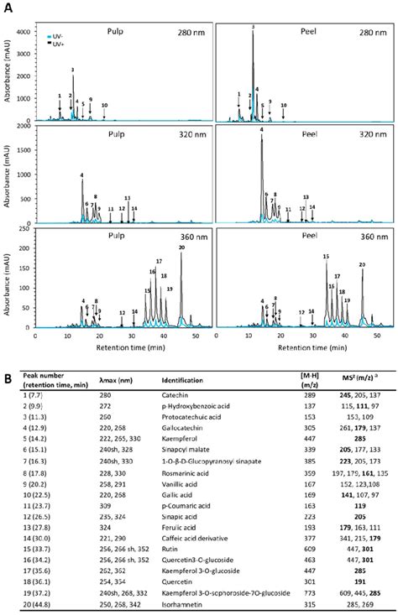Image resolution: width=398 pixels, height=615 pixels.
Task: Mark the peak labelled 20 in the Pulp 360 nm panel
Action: pos(181,248)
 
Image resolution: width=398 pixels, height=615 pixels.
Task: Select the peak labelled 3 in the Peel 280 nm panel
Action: pos(253,28)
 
